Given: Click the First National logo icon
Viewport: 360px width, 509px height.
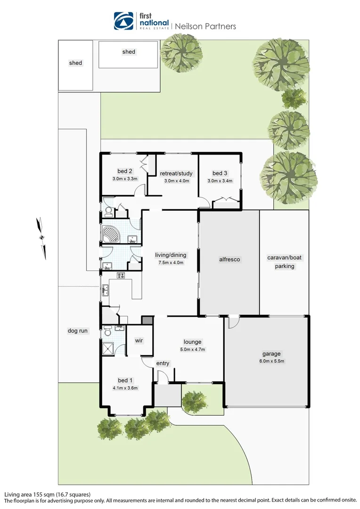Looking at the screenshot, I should click(124, 21).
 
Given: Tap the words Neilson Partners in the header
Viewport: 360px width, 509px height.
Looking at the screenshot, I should click(205, 26).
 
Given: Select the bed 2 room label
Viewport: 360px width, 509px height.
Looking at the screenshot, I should click(124, 171).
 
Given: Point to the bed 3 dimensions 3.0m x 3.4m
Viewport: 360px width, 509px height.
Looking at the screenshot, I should click(220, 181).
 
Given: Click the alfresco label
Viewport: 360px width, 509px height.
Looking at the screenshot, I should click(230, 259).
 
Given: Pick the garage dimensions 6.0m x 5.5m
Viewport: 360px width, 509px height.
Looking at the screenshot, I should click(271, 361).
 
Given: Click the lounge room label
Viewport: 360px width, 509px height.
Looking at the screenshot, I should click(192, 342).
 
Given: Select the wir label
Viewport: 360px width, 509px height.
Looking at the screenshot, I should click(139, 340).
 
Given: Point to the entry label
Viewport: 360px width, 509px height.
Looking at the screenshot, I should click(163, 363).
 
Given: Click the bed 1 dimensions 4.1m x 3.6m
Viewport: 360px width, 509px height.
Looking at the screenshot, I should click(124, 388).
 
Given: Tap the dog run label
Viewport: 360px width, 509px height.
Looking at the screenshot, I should click(77, 331).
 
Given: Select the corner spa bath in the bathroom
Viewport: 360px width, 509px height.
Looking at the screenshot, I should click(112, 233).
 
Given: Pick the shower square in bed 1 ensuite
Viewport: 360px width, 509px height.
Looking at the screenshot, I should click(109, 349).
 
